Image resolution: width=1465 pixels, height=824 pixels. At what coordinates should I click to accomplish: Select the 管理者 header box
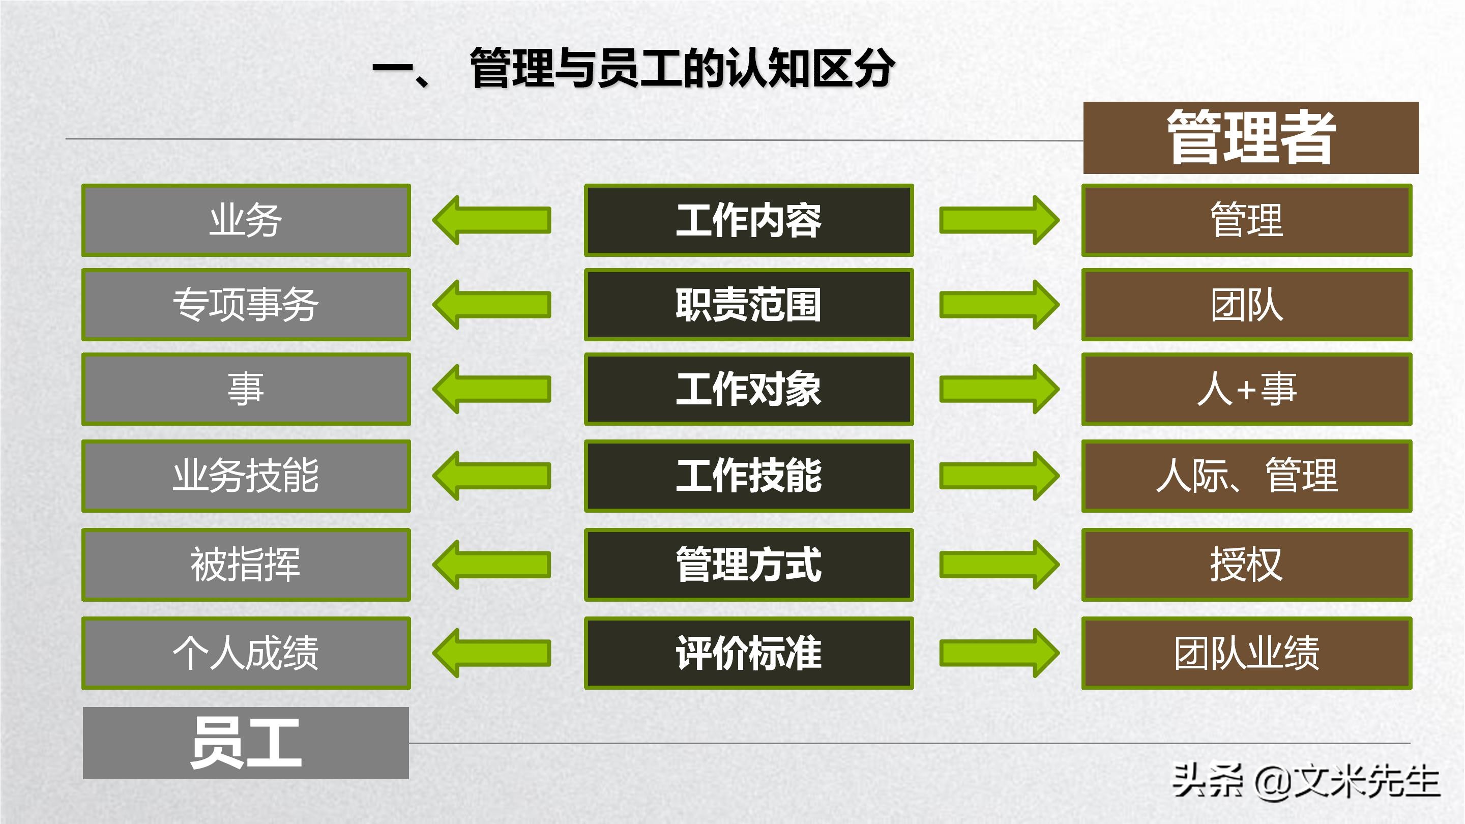tap(1251, 138)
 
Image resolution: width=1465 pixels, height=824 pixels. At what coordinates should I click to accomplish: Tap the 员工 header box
tap(246, 743)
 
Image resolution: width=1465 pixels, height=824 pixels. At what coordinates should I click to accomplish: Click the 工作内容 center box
tap(748, 220)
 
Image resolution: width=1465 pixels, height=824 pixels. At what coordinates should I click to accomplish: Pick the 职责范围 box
tap(748, 305)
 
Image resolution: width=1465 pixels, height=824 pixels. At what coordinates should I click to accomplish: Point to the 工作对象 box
tap(748, 389)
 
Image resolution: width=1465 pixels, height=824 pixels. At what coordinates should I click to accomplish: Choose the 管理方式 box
tap(748, 565)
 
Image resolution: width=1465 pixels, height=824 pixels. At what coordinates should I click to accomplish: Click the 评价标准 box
tap(748, 653)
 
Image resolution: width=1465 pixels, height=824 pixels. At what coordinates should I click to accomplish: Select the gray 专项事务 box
tap(246, 305)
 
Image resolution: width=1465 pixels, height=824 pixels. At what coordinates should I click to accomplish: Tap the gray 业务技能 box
tap(246, 476)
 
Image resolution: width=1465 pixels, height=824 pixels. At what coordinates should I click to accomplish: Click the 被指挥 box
tap(246, 565)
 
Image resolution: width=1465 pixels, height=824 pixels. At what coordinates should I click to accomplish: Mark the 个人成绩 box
tap(246, 653)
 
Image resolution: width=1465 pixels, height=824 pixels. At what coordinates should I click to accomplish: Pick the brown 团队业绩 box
tap(1247, 653)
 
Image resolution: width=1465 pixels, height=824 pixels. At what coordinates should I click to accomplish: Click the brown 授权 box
tap(1247, 565)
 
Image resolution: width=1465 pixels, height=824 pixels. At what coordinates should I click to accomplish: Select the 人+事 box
tap(1247, 389)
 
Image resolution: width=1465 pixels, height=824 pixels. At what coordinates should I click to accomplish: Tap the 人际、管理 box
tap(1247, 476)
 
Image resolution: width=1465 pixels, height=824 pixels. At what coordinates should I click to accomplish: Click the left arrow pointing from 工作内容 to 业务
tap(491, 220)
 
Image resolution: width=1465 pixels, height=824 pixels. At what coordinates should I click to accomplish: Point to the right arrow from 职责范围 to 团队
tap(999, 305)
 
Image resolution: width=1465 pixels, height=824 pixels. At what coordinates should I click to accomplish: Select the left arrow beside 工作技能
tap(491, 476)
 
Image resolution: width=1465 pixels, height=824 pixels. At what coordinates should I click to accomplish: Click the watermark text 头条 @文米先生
tap(1306, 781)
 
